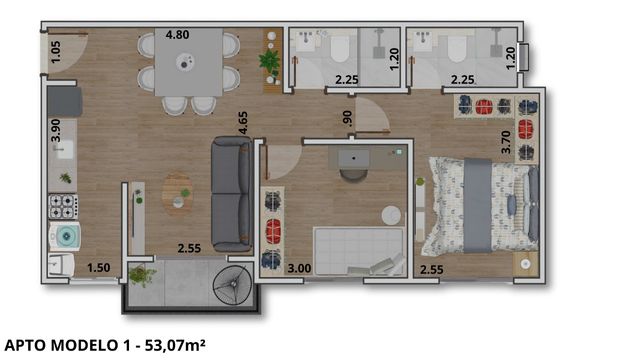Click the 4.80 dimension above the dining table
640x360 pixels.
(177, 35)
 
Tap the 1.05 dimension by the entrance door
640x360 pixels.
(55, 52)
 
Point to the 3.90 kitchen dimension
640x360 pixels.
(56, 130)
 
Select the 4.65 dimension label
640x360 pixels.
(243, 123)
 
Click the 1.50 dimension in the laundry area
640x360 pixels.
(99, 268)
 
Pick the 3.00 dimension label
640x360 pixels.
(299, 269)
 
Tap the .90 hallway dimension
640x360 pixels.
(347, 118)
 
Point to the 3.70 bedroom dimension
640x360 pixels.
(506, 142)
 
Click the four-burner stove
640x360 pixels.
(63, 207)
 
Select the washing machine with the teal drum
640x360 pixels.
(65, 236)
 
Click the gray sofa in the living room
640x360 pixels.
(231, 194)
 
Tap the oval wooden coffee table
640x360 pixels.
(178, 193)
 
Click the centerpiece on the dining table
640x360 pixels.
(185, 63)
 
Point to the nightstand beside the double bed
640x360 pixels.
(526, 264)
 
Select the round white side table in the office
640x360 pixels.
(391, 215)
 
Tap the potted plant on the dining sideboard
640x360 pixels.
(269, 61)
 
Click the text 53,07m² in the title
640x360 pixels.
(175, 346)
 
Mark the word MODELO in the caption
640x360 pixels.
(84, 346)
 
